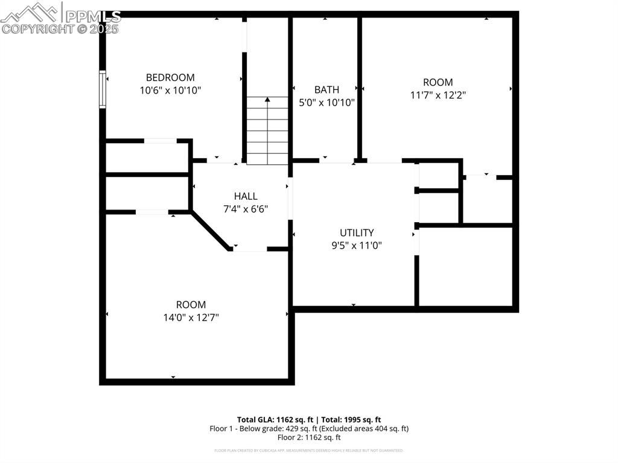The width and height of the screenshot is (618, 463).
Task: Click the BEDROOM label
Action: pyautogui.click(x=170, y=77)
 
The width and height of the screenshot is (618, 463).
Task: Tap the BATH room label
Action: pyautogui.click(x=327, y=89)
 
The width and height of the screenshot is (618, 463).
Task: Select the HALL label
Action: pyautogui.click(x=246, y=196)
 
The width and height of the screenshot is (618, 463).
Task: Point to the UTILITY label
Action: pyautogui.click(x=357, y=232)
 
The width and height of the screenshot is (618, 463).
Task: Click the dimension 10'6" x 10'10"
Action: pyautogui.click(x=170, y=91)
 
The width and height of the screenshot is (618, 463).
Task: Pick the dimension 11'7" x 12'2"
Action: pyautogui.click(x=438, y=95)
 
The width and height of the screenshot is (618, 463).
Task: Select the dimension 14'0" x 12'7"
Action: pyautogui.click(x=191, y=318)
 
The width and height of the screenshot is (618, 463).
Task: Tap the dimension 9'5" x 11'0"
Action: pyautogui.click(x=357, y=245)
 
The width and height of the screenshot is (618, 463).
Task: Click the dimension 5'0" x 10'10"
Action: pyautogui.click(x=327, y=103)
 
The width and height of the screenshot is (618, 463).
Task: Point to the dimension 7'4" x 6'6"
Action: pyautogui.click(x=246, y=209)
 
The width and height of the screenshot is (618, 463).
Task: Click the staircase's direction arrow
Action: pyautogui.click(x=267, y=100)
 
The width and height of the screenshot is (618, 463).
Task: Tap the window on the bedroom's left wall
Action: pyautogui.click(x=103, y=89)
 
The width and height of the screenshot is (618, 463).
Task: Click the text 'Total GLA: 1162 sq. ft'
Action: pyautogui.click(x=275, y=420)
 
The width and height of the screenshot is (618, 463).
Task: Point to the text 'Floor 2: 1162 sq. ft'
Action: pyautogui.click(x=309, y=437)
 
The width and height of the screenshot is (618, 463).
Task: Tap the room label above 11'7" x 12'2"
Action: pyautogui.click(x=438, y=82)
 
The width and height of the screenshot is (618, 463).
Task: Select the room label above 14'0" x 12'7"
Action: pyautogui.click(x=191, y=305)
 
